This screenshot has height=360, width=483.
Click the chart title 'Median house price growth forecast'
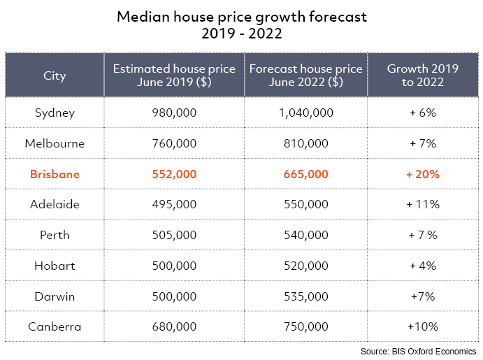point(241,15)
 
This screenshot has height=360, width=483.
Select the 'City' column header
point(55,75)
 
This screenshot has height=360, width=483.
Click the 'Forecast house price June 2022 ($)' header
point(305,75)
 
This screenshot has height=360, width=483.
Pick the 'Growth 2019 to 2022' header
point(422,75)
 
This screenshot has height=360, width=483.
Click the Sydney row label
point(55,113)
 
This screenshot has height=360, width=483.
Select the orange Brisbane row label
point(55,174)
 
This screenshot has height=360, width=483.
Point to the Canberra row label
point(55,326)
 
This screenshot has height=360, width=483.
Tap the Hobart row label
point(55,266)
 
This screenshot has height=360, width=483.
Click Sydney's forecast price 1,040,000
point(305,113)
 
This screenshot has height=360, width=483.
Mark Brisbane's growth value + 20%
point(422,174)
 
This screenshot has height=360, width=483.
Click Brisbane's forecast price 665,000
point(305,174)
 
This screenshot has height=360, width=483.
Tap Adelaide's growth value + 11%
point(422,204)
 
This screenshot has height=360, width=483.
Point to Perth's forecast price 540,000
point(305,235)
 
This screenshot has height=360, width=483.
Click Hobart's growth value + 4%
point(422,266)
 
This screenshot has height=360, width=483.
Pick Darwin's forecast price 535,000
point(305,296)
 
